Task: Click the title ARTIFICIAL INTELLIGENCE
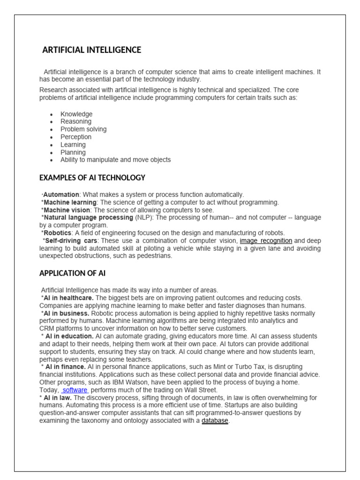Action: click(x=92, y=50)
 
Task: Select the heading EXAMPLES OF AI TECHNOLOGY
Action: click(x=92, y=178)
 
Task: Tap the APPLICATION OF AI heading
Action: click(x=75, y=273)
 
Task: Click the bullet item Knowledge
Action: click(x=76, y=114)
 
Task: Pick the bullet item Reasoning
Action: click(x=76, y=121)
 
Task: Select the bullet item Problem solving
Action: click(x=83, y=129)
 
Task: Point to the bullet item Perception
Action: click(x=76, y=137)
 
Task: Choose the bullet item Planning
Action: click(x=73, y=152)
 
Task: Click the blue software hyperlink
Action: click(x=75, y=390)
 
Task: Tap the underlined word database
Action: click(x=215, y=420)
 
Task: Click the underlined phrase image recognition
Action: click(x=266, y=241)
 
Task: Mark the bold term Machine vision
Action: click(x=67, y=210)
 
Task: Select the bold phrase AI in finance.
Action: click(x=66, y=367)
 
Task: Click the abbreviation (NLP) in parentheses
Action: click(x=142, y=217)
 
